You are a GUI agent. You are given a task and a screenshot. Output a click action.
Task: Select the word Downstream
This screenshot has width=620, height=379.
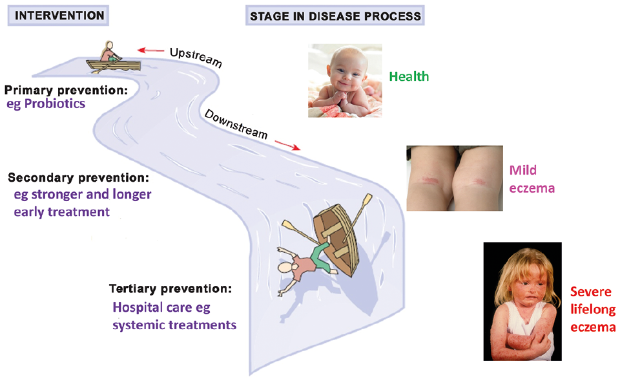point(236,124)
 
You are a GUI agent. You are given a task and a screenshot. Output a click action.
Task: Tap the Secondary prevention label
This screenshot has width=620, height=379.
point(79,177)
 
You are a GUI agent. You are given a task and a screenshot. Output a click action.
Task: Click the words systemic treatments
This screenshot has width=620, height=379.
point(174,324)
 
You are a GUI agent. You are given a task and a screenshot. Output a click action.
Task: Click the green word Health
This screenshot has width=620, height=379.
point(409,77)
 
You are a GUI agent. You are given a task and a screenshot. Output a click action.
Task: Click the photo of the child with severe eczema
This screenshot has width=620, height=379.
point(522,301)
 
